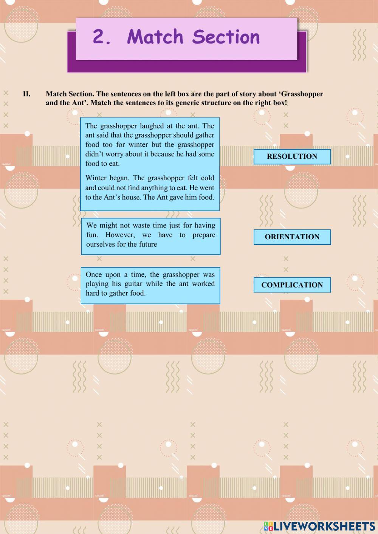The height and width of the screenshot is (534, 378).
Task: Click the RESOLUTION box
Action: (x=292, y=156)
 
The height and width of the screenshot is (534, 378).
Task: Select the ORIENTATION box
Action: (x=292, y=237)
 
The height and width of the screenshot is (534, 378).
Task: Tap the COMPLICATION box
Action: (x=292, y=285)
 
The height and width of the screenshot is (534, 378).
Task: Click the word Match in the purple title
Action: (x=155, y=37)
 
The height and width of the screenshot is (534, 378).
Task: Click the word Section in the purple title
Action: (x=226, y=37)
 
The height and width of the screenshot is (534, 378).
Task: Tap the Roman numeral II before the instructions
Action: (x=26, y=94)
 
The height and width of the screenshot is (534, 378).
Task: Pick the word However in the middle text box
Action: (x=119, y=235)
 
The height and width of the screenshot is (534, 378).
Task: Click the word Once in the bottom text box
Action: (x=93, y=274)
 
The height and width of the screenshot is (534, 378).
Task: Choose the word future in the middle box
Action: (x=148, y=244)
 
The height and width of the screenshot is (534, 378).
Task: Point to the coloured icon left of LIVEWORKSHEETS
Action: (x=268, y=526)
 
